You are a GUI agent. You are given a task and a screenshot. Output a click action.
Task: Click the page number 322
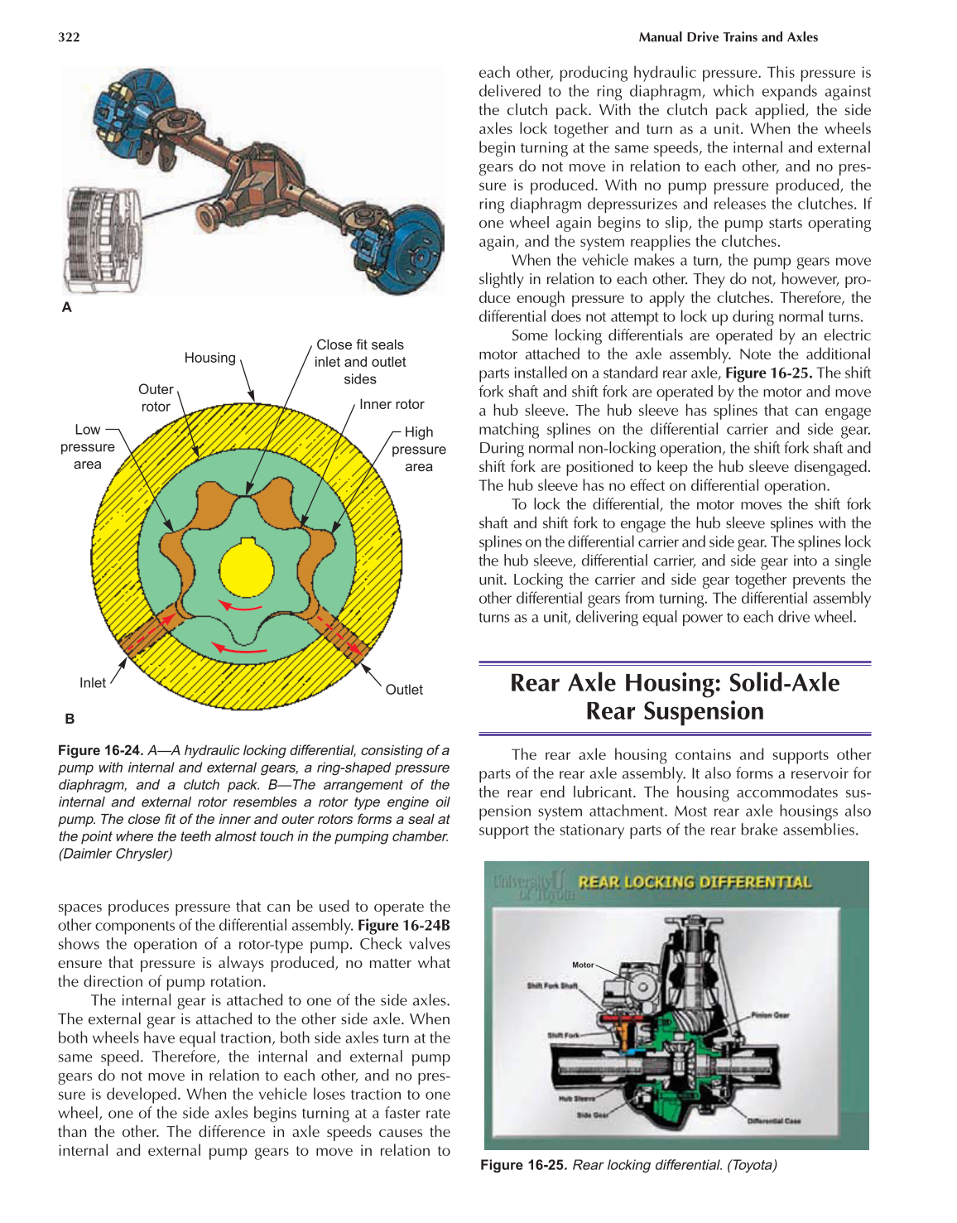pos(69,37)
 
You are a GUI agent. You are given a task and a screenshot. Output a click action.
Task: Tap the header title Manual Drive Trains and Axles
pos(728,37)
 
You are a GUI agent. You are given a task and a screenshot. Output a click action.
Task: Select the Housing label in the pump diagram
pos(209,358)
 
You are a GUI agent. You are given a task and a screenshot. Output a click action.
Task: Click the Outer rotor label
pos(156,397)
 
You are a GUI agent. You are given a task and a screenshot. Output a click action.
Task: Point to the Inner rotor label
pos(392,404)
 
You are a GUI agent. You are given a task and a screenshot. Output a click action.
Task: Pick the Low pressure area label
pos(87,447)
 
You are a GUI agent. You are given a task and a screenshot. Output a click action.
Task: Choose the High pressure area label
pos(418,450)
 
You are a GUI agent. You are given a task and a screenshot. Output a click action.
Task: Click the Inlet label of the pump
pos(93,683)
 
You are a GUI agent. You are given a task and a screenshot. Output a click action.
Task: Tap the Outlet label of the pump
pos(404,690)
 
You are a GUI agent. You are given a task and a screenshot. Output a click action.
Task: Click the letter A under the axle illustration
pos(67,307)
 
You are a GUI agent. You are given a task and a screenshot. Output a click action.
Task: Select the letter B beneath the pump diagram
pos(70,719)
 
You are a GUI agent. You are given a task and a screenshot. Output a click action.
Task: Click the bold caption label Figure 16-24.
pos(100,750)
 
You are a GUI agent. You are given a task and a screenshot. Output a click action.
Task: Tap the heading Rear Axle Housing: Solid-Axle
pos(675,683)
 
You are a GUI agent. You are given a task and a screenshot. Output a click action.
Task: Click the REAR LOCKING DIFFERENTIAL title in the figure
pos(695,883)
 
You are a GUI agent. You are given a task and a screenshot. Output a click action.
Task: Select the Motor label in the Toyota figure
pos(583,965)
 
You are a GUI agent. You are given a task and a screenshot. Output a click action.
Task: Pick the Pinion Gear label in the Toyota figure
pos(770,1015)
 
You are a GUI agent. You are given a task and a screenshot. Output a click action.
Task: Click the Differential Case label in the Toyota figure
pos(774,1121)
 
